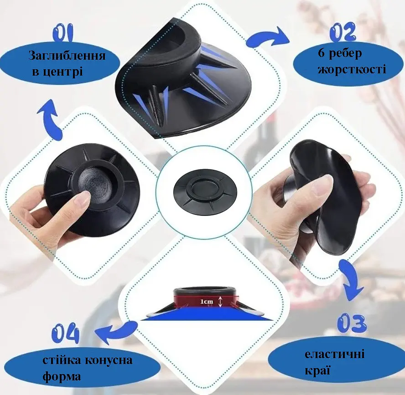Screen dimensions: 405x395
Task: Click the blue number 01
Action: pyautogui.click(x=63, y=33)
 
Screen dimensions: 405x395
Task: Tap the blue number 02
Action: pyautogui.click(x=343, y=32)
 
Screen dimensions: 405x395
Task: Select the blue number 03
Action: pyautogui.click(x=352, y=323)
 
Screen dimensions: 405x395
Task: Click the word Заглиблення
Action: pyautogui.click(x=67, y=56)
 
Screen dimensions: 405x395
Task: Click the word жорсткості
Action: pyautogui.click(x=352, y=69)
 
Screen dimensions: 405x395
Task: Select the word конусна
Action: pyautogui.click(x=109, y=360)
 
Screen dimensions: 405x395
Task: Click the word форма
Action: pyautogui.click(x=62, y=376)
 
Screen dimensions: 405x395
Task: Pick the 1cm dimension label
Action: pyautogui.click(x=207, y=301)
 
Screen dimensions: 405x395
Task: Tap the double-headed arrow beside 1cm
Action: pyautogui.click(x=220, y=301)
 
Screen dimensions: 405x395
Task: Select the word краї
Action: pyautogui.click(x=317, y=370)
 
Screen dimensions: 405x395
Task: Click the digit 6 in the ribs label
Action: pyautogui.click(x=321, y=53)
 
